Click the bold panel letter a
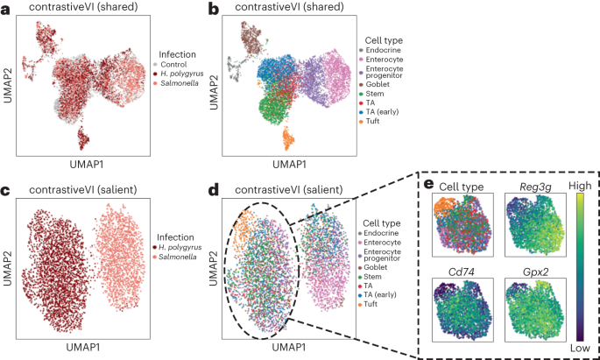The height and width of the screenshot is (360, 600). tap(5, 8)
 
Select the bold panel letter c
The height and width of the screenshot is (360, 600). tap(5, 188)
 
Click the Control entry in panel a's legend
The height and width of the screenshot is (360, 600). tap(171, 64)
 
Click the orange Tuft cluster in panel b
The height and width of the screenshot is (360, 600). tap(288, 138)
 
